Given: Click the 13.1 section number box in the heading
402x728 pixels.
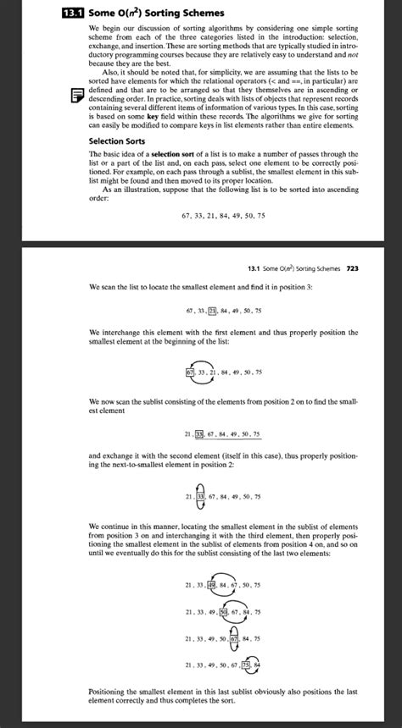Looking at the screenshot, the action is pos(75,13).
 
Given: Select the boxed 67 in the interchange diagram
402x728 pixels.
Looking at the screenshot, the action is pos(189,371).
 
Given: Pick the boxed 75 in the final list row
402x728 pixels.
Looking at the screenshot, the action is pos(246,665).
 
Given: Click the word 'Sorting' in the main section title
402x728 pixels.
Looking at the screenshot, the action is pos(172,13).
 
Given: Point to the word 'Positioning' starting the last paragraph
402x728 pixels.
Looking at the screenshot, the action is pos(111,691).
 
